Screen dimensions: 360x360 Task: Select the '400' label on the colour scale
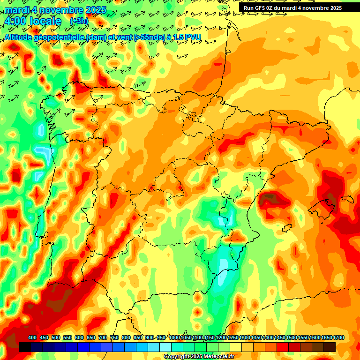tap(32, 338)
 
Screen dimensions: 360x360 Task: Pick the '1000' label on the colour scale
tap(174, 338)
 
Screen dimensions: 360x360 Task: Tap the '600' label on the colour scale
tap(79, 338)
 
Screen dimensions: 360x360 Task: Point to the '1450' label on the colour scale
tap(280, 338)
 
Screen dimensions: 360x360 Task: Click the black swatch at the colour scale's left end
tap(25, 347)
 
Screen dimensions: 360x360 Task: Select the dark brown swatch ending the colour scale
tap(330, 347)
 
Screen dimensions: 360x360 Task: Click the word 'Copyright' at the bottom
tap(177, 357)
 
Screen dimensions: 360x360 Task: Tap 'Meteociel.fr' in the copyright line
tap(219, 357)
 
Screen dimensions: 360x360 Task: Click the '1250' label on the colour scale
tap(233, 338)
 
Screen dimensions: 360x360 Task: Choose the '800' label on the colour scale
tap(126, 338)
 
